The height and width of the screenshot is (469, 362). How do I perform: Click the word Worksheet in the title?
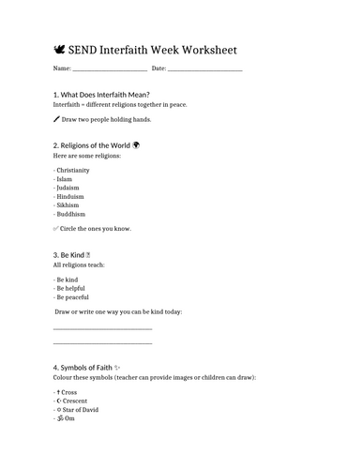[204, 49]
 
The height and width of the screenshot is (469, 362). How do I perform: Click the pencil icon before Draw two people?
[57, 120]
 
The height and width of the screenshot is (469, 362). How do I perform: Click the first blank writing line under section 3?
[102, 329]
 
